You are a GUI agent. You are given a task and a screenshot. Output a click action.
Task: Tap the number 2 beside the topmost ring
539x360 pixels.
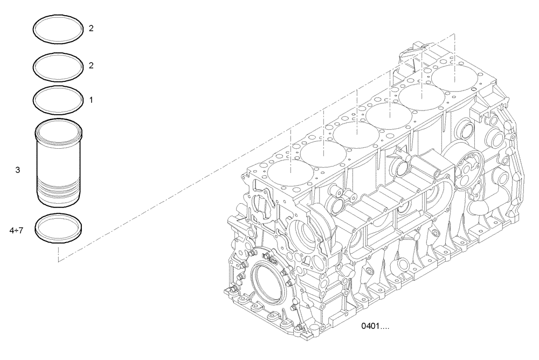(91, 29)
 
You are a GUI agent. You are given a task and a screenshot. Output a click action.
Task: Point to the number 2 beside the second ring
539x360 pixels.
(91, 65)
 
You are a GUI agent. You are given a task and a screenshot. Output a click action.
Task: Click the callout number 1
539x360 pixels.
(91, 100)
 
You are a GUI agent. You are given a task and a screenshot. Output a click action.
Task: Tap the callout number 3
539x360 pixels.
(18, 170)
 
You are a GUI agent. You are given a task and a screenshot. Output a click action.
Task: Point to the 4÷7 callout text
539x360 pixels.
(16, 230)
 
